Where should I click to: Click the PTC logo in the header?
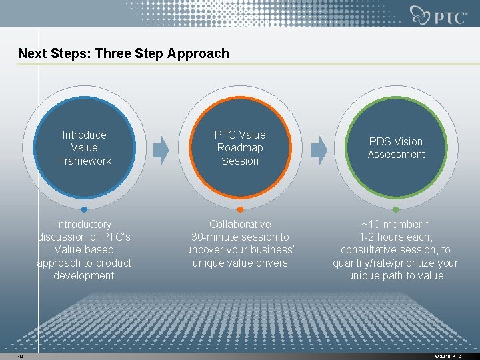point(439,15)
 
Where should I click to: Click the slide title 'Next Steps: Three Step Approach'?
point(123,53)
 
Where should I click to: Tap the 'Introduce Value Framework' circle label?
point(84,148)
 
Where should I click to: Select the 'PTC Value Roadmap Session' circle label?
point(240,148)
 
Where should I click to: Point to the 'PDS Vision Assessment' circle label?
point(396,148)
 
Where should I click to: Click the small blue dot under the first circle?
point(84,209)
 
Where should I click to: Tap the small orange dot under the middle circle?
point(240,209)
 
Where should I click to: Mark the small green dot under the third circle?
point(396,209)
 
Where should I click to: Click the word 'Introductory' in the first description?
point(84,225)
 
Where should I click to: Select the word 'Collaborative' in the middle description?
point(240,225)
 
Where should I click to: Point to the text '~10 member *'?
point(396,225)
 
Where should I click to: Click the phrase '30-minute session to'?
point(240,237)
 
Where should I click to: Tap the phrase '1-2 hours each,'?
point(396,237)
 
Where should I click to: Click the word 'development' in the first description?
point(84,276)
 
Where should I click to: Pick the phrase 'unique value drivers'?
point(240,263)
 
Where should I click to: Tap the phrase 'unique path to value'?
point(396,276)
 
